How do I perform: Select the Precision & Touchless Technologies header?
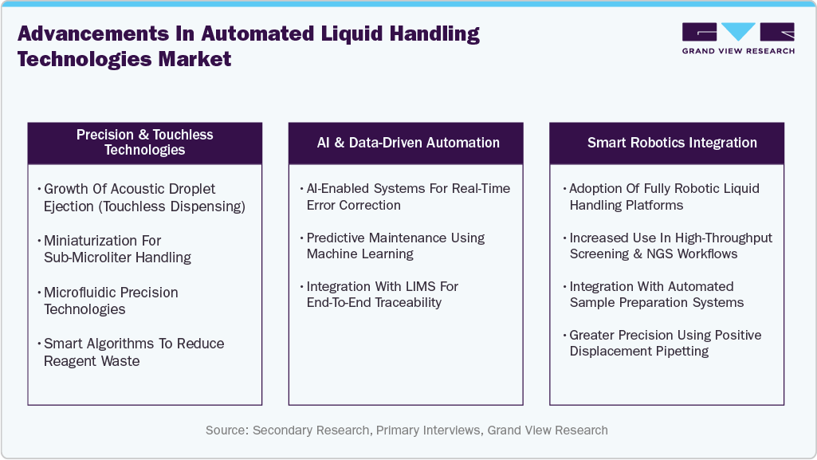point(144,143)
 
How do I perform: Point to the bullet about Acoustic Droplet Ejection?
point(143,198)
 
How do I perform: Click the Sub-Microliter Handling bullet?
point(117,249)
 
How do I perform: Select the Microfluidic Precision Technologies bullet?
point(111,301)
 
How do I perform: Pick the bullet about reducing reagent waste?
point(133,352)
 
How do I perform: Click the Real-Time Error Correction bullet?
point(408,197)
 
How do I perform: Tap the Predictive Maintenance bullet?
point(395,246)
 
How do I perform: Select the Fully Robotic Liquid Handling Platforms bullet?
point(664,197)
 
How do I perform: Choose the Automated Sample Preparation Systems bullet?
point(656,294)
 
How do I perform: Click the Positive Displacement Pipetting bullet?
point(665,343)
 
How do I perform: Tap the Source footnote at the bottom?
point(407,431)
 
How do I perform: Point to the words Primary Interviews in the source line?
point(428,431)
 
